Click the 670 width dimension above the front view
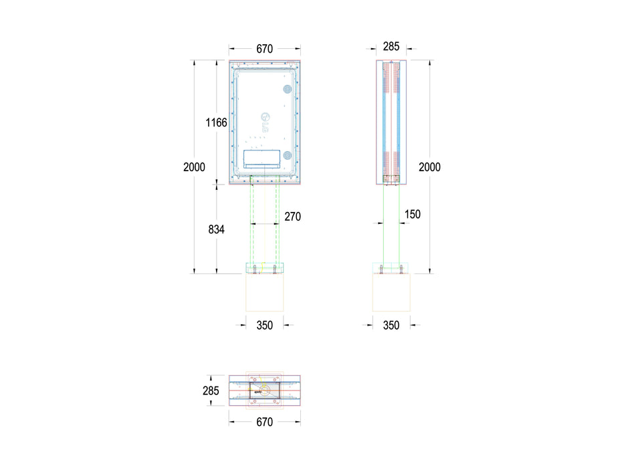[x=264, y=48]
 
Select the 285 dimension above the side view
[x=391, y=47]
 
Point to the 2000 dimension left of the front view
[x=195, y=167]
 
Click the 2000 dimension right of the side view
[x=429, y=167]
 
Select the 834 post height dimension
[x=217, y=229]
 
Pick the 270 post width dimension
[x=292, y=217]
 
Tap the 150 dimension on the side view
[x=413, y=214]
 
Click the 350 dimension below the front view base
[x=265, y=326]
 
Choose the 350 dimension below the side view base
[x=391, y=326]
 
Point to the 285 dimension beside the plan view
[x=211, y=390]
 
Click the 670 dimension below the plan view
[x=264, y=422]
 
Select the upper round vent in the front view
[x=288, y=88]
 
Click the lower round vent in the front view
[x=288, y=155]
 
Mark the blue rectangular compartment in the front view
[x=262, y=158]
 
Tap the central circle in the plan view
[x=265, y=390]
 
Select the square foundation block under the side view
[x=391, y=292]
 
